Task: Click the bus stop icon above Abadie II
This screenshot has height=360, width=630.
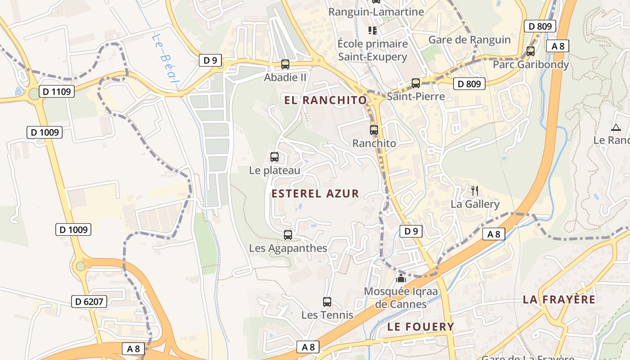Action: (x=285, y=64)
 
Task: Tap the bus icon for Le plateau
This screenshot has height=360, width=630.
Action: (x=274, y=157)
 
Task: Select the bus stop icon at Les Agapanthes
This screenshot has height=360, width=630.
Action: (x=288, y=235)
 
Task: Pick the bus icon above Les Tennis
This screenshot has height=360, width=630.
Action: (x=327, y=302)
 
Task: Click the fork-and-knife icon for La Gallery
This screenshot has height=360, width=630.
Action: (x=474, y=190)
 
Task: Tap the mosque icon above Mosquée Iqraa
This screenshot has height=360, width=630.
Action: (x=400, y=278)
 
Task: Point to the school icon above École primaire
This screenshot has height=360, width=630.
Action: (x=373, y=31)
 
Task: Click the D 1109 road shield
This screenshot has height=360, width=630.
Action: (x=56, y=92)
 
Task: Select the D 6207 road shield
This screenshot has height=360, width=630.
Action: (x=89, y=301)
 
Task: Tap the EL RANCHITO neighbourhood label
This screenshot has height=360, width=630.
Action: (x=326, y=100)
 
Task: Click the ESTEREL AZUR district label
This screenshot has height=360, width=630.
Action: (x=315, y=194)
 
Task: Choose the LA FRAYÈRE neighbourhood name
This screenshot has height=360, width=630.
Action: (x=559, y=300)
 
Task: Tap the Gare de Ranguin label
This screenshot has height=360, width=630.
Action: (x=469, y=40)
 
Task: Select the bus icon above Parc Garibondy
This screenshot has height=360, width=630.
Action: (x=531, y=51)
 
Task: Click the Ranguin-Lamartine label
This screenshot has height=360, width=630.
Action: (x=376, y=12)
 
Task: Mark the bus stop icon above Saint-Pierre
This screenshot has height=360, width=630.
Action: (x=416, y=83)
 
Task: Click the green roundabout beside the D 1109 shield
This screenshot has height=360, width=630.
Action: (x=34, y=94)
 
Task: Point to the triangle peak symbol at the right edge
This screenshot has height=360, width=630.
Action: (x=616, y=127)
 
